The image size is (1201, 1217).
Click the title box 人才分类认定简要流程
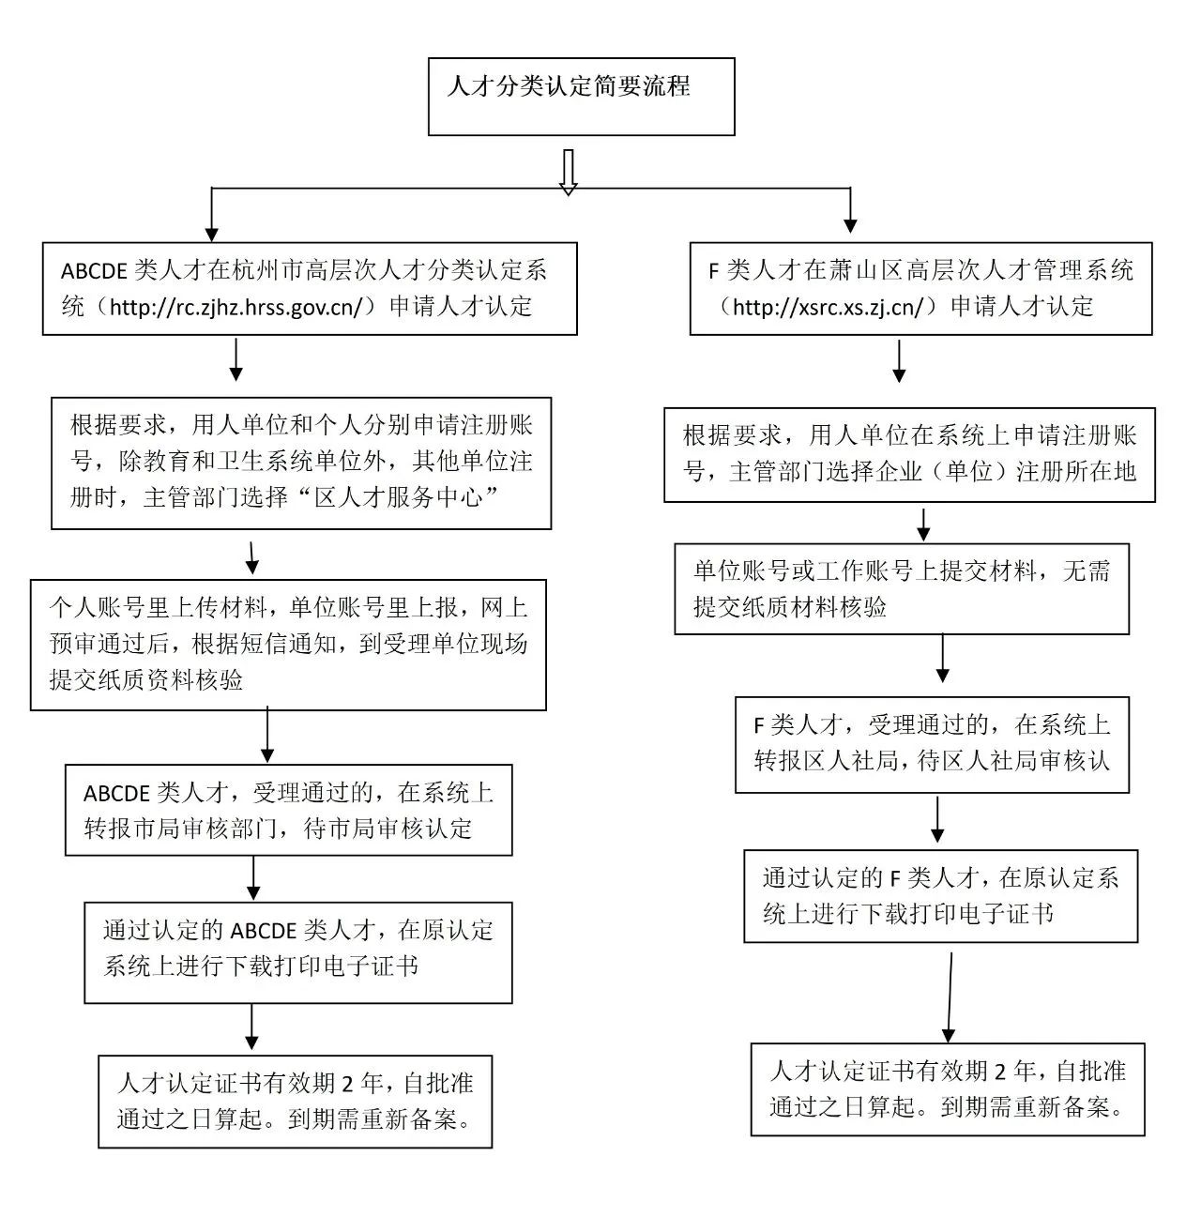pyautogui.click(x=581, y=97)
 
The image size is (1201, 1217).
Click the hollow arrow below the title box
pyautogui.click(x=568, y=173)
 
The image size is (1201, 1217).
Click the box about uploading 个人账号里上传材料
pyautogui.click(x=288, y=645)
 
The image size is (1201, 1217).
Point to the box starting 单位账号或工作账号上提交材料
pyautogui.click(x=902, y=588)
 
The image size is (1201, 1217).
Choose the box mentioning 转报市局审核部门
pyautogui.click(x=289, y=811)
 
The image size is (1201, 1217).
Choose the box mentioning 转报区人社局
pyautogui.click(x=932, y=745)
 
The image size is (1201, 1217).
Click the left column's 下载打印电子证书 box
pyautogui.click(x=298, y=952)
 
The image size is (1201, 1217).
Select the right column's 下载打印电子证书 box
pyautogui.click(x=941, y=896)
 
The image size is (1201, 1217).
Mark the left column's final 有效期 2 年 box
pyautogui.click(x=295, y=1102)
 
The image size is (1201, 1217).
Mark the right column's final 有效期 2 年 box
pyautogui.click(x=948, y=1089)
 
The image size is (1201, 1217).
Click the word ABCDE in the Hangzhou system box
pyautogui.click(x=94, y=271)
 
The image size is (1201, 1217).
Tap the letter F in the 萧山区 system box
pyautogui.click(x=713, y=271)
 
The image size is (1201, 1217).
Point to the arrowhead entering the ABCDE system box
pyautogui.click(x=212, y=235)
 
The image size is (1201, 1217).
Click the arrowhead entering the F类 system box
pyautogui.click(x=850, y=226)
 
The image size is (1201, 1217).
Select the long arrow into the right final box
pyautogui.click(x=950, y=997)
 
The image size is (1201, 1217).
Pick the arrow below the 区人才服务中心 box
pyautogui.click(x=252, y=557)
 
